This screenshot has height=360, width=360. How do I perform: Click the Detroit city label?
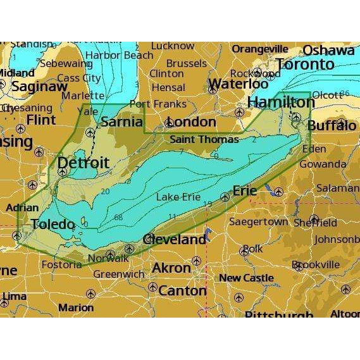tap(83, 163)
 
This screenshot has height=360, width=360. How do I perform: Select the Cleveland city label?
tap(175, 240)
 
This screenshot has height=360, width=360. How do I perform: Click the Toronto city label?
tap(305, 65)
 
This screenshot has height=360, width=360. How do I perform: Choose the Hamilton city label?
tap(273, 102)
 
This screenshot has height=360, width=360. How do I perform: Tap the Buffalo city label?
tap(331, 126)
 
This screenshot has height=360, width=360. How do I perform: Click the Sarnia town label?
tap(121, 121)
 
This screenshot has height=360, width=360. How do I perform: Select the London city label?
tap(194, 121)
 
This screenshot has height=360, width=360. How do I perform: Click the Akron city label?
tap(171, 268)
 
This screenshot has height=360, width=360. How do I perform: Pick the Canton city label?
tap(182, 291)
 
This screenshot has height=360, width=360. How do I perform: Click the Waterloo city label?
tap(238, 84)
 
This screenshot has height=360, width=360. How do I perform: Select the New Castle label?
tap(246, 278)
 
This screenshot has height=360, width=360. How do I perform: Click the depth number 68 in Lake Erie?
tap(118, 218)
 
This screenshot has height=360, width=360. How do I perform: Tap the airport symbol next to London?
tap(168, 123)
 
